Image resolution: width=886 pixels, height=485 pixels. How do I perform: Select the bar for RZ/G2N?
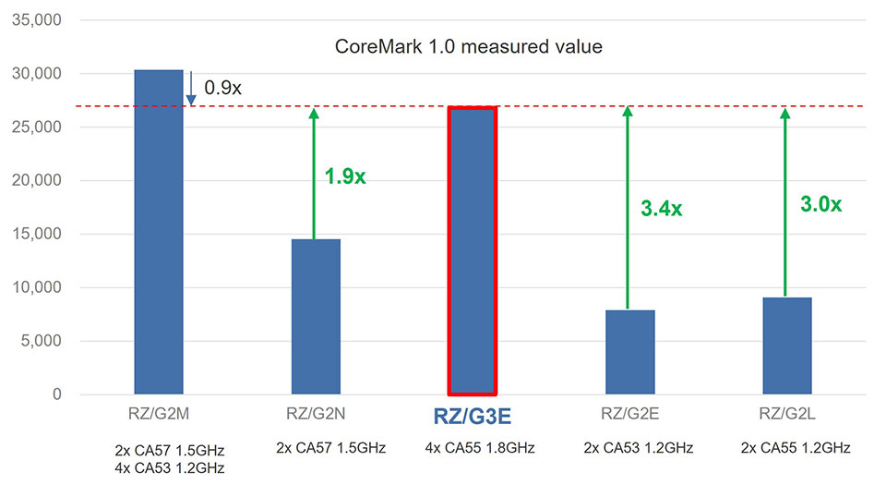coord(317,316)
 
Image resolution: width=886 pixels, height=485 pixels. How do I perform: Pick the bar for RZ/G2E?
coord(630,351)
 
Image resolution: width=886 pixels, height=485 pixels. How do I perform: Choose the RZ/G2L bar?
coord(787,345)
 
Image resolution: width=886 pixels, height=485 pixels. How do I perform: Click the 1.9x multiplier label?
coord(345,176)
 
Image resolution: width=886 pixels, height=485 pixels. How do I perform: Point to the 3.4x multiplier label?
coord(661,209)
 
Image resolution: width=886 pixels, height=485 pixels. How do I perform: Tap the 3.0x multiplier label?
coord(820,204)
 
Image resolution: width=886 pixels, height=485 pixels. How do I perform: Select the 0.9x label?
coord(222,88)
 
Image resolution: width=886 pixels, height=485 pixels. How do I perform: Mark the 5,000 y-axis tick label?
coord(38,341)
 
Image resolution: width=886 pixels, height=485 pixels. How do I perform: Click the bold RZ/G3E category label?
coord(473,417)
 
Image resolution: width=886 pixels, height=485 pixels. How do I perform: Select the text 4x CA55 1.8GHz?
coord(473,449)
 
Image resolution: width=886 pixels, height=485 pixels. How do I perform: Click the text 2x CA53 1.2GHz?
coord(630,449)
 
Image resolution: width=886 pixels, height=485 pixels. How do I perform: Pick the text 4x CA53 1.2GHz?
coord(158,467)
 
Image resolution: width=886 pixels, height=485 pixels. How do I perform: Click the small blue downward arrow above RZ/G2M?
coord(190,89)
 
